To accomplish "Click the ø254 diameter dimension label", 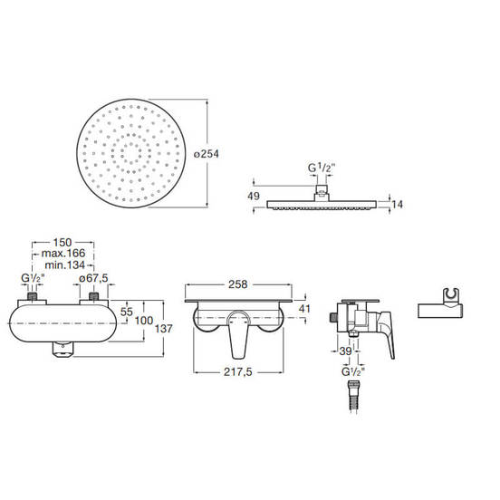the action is coord(207,154).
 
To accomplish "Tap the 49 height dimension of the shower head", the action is coord(254,196).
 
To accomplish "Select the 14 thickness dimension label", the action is coord(397,204).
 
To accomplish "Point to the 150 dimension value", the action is coord(62,243).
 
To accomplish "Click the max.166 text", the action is coord(63,254).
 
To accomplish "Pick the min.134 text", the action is coord(65,264).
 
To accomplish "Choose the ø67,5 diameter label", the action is coord(93,278).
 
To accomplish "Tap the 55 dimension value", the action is coord(127,312).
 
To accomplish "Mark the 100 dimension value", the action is coord(144,320).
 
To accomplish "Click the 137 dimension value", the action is coord(163,329).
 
